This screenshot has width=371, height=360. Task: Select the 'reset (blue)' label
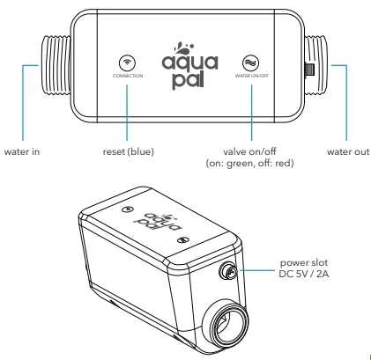[128, 151]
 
